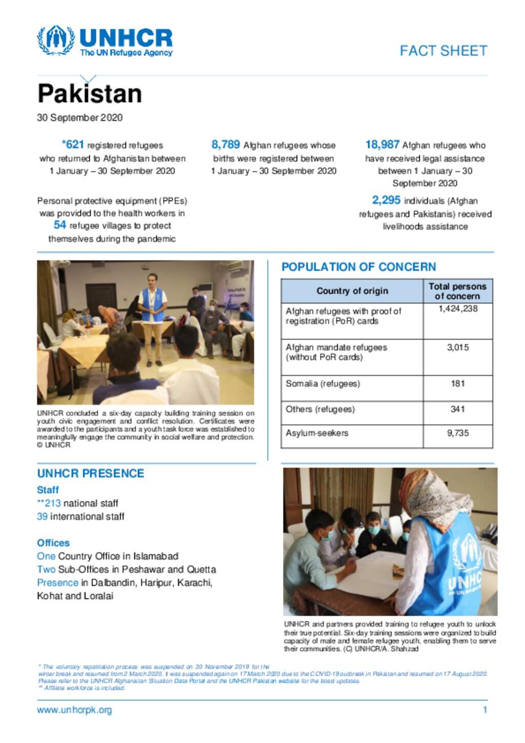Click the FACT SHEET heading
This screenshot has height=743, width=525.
click(x=443, y=51)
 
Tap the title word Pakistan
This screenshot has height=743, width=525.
click(x=90, y=94)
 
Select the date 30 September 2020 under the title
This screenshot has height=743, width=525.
click(x=79, y=117)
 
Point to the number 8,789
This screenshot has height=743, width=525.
click(x=226, y=145)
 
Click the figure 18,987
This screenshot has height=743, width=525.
click(x=382, y=145)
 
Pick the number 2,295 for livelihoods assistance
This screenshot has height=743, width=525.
click(x=386, y=200)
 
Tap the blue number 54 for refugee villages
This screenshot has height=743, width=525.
click(x=59, y=225)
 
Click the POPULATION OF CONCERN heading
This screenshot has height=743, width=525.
click(x=358, y=267)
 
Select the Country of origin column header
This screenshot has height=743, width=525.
click(x=352, y=291)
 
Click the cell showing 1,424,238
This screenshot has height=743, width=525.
click(x=458, y=309)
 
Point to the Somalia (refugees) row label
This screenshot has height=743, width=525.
click(x=322, y=384)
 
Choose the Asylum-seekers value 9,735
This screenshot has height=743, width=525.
click(x=458, y=433)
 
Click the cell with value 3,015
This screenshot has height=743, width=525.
click(x=458, y=347)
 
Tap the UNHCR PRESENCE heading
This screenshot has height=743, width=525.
click(x=90, y=473)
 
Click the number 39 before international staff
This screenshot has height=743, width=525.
click(x=42, y=516)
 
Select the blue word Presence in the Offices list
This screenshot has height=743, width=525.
click(x=57, y=583)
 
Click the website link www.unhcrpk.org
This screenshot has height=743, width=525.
click(x=74, y=710)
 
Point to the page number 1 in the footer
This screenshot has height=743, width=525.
click(x=485, y=710)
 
